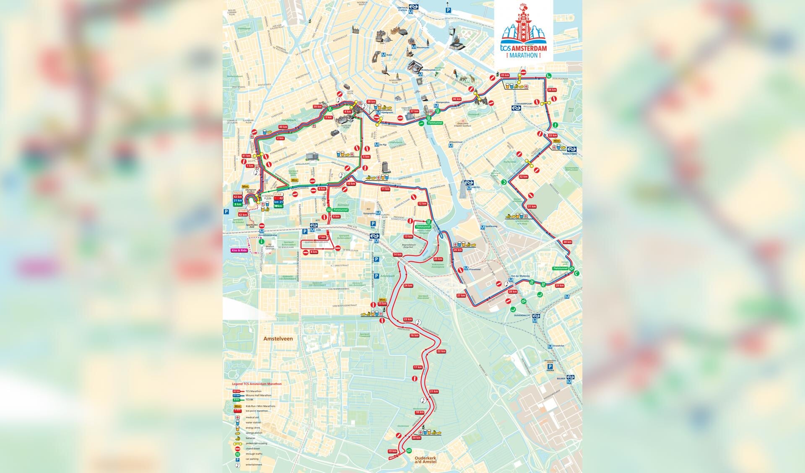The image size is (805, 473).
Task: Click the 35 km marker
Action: click(505, 75)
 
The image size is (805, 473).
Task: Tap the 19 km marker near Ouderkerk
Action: click(392, 451)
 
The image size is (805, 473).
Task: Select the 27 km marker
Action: click(461, 295)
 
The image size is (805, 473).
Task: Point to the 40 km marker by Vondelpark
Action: click(283, 127)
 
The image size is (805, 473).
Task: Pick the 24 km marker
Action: click(408, 285)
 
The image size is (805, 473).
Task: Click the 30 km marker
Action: click(567, 242)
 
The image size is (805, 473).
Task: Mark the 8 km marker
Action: click(314, 252)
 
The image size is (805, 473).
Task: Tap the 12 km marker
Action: click(422, 204)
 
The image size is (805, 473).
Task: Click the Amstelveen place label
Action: click(278, 339)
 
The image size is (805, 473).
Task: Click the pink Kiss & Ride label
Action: click(239, 250)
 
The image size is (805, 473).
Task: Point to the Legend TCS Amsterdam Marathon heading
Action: click(257, 384)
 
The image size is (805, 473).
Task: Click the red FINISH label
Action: click(238, 193)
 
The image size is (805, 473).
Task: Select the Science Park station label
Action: click(570, 154)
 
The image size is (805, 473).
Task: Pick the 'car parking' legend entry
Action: click(253, 459)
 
